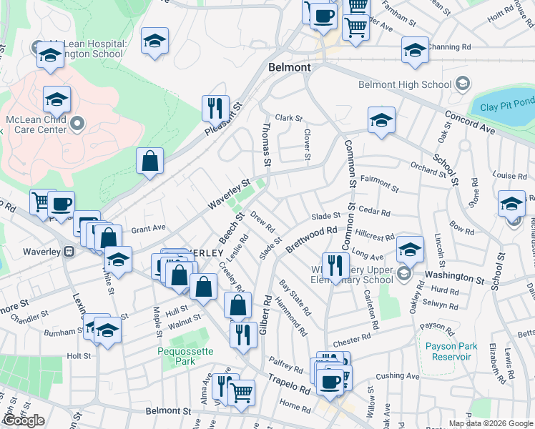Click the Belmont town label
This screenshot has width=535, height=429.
(290, 67)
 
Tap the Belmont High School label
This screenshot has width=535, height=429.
(406, 84)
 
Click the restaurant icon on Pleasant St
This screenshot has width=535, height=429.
(215, 109)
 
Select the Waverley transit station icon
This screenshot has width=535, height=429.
(69, 252)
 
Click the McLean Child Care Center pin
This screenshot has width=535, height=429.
(79, 124)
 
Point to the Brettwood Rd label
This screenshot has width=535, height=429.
(310, 240)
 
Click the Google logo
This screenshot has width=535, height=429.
(24, 420)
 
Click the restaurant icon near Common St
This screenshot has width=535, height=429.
(335, 266)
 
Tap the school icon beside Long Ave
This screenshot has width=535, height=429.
(410, 250)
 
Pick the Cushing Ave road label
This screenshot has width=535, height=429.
(397, 375)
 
